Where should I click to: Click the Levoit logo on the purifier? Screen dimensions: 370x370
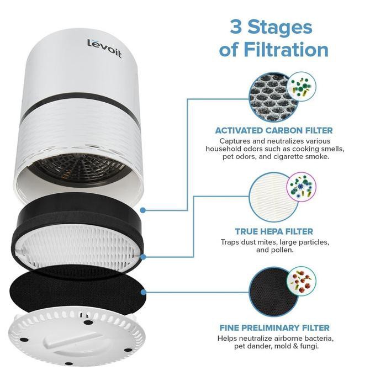[x=104, y=47]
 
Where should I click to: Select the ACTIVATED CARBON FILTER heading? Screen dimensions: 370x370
[x=274, y=131]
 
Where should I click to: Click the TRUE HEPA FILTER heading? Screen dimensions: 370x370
[x=274, y=231]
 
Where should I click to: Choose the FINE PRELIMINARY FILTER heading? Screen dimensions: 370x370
[x=274, y=327]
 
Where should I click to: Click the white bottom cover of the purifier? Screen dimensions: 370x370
[x=77, y=337]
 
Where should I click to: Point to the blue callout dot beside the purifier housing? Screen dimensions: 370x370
[x=143, y=210]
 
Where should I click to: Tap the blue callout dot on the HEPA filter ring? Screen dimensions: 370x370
[x=143, y=256]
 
